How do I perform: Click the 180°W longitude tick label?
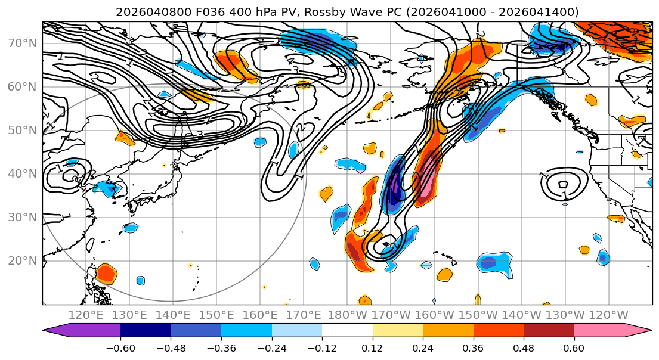pyautogui.click(x=348, y=315)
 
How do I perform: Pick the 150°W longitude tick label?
pyautogui.click(x=478, y=315)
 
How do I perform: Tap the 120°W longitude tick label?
pyautogui.click(x=609, y=315)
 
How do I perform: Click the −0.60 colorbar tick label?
pyautogui.click(x=120, y=347)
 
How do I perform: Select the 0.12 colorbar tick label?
pyautogui.click(x=372, y=347)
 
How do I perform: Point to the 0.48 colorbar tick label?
pyautogui.click(x=524, y=347)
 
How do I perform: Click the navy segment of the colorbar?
pyautogui.click(x=146, y=331)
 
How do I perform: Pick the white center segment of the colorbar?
pyautogui.click(x=347, y=331)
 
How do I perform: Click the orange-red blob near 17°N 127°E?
pyautogui.click(x=106, y=274)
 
